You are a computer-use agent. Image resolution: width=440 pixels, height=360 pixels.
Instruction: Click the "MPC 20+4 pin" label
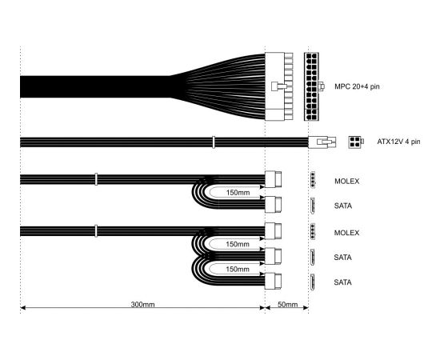click(357, 86)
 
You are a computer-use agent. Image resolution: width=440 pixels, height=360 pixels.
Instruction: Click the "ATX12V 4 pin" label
click(398, 142)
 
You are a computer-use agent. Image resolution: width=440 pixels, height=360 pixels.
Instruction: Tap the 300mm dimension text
click(142, 305)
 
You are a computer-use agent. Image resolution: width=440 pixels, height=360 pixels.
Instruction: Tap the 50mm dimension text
click(287, 305)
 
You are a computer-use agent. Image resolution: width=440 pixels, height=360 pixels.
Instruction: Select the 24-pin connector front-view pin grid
click(311, 86)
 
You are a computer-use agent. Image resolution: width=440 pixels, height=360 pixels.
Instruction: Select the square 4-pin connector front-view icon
click(355, 142)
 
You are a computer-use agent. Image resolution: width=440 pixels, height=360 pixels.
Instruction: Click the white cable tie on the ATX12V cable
click(214, 142)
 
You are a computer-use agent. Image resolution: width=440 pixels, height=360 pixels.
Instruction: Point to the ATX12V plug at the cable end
click(322, 142)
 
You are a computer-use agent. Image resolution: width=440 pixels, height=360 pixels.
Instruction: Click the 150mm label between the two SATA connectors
click(238, 270)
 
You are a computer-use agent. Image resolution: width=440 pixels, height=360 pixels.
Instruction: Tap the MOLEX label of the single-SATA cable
click(346, 182)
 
